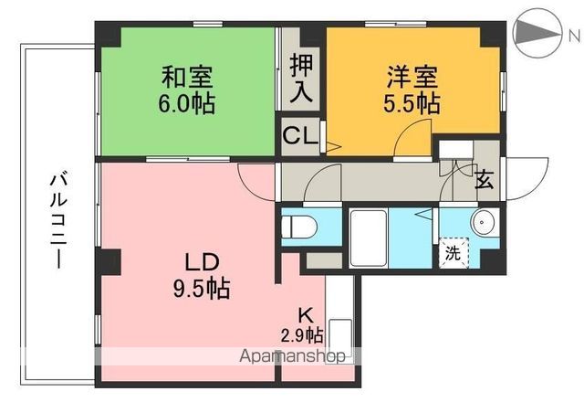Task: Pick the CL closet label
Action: [x=300, y=138]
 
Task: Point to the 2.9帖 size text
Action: [x=302, y=334]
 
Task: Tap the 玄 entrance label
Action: [x=484, y=178]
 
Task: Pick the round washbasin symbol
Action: [x=483, y=222]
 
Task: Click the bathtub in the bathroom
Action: [x=370, y=238]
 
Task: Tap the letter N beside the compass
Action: [x=573, y=36]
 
